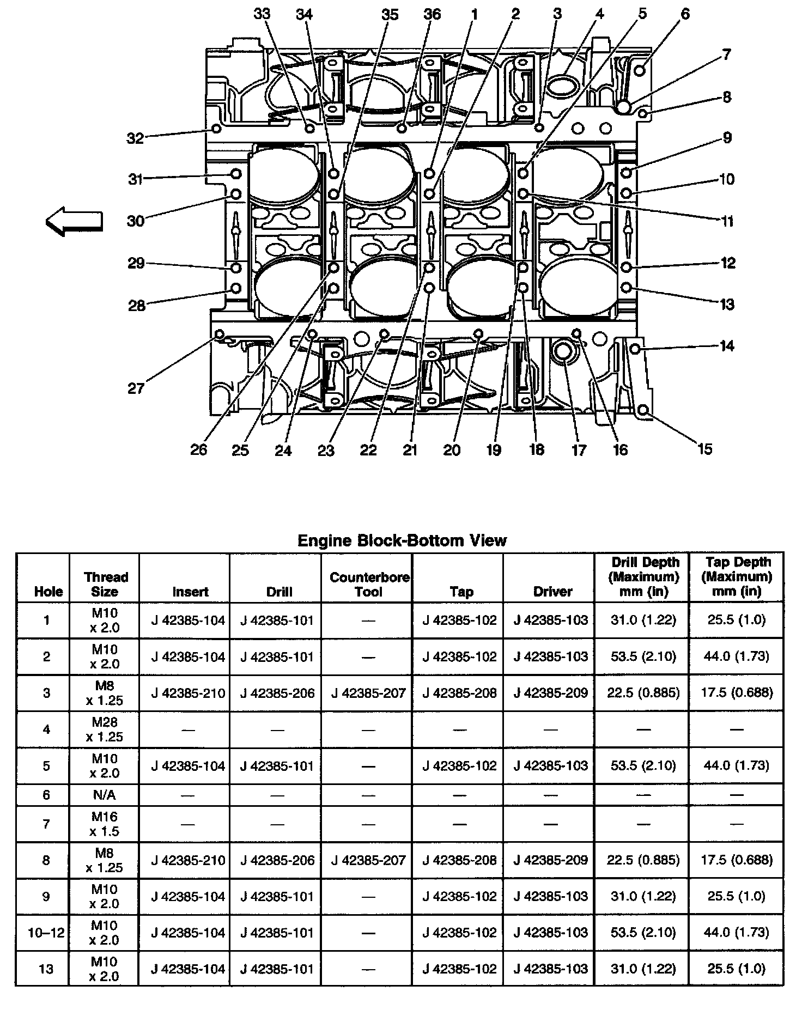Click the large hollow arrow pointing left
(74, 221)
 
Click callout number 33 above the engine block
(262, 14)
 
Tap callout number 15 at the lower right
(704, 449)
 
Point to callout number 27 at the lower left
(136, 388)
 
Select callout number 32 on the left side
(135, 138)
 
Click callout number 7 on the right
(727, 54)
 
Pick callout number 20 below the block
(452, 449)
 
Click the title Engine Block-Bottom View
(402, 540)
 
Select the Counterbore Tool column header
(369, 584)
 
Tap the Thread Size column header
(105, 584)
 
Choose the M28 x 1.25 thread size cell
(104, 729)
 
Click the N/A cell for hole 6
(104, 795)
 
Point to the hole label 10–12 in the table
(46, 933)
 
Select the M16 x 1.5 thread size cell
(104, 824)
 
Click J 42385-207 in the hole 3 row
(368, 693)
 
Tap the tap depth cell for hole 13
(737, 969)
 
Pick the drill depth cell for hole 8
(643, 860)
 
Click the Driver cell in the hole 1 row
(551, 620)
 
